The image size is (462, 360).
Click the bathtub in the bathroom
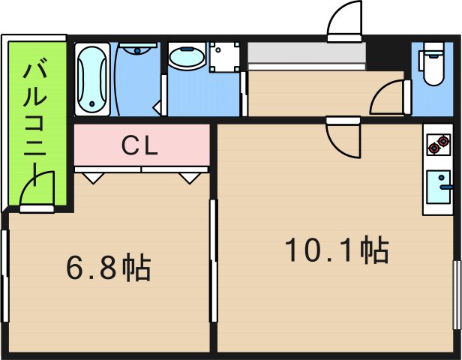pyautogui.click(x=92, y=79)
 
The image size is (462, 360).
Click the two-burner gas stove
pyautogui.click(x=439, y=145)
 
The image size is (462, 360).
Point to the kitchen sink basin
pyautogui.click(x=439, y=187)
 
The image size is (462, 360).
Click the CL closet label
pyautogui.click(x=139, y=146)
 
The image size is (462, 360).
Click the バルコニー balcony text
pyautogui.click(x=35, y=124)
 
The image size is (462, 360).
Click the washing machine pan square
pyautogui.click(x=224, y=57)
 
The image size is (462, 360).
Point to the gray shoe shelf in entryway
pyautogui.click(x=307, y=52)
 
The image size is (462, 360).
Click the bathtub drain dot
pyautogui.click(x=92, y=103)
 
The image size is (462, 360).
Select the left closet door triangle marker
pyautogui.click(x=94, y=178)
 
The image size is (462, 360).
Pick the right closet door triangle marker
pyautogui.click(x=190, y=178)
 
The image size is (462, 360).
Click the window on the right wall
pyautogui.click(x=457, y=295)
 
